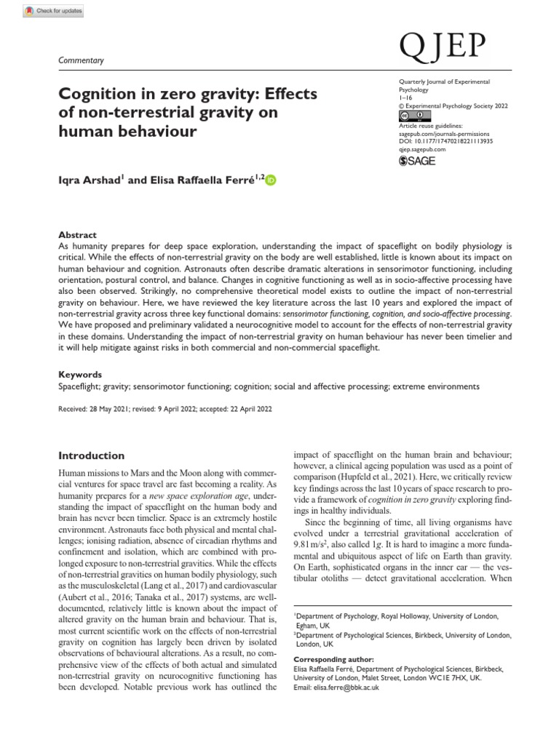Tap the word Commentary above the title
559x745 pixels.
point(81,60)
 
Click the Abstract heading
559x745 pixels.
point(77,235)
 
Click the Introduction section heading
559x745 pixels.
point(91,455)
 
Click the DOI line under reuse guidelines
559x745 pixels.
point(446,141)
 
